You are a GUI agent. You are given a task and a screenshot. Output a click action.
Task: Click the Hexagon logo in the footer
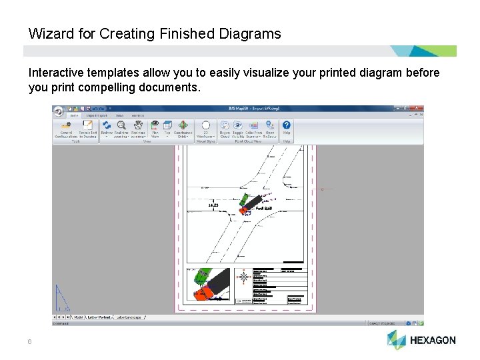click(421, 340)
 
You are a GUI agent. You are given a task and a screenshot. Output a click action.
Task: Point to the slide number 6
click(29, 341)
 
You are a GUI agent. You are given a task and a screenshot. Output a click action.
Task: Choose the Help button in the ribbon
click(286, 128)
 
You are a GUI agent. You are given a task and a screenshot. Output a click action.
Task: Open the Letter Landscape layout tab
click(129, 317)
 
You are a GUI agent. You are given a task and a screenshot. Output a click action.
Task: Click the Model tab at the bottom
click(79, 317)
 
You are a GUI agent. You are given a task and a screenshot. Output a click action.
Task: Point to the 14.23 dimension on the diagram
click(213, 205)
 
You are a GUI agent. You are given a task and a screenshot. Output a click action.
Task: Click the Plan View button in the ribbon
click(155, 128)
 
